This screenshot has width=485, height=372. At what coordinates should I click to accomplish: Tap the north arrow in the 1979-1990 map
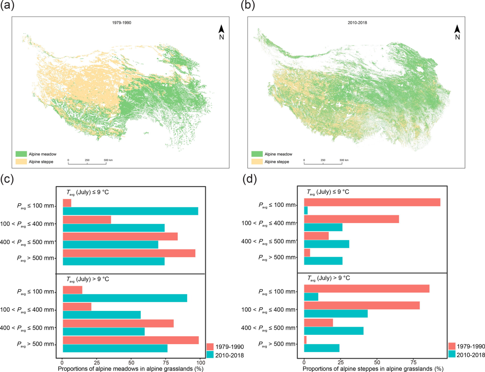point(221,31)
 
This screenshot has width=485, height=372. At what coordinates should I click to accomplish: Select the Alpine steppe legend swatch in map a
point(21,162)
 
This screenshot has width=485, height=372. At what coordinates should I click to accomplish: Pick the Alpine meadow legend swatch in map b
point(257,154)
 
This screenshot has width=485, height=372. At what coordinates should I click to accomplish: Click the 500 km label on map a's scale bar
point(108,160)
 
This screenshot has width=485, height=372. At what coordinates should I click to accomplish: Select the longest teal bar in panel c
point(131,211)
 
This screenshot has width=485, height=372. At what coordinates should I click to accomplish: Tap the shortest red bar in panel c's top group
point(67,203)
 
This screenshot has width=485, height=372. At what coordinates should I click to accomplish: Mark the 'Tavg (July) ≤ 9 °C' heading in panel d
point(329,192)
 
